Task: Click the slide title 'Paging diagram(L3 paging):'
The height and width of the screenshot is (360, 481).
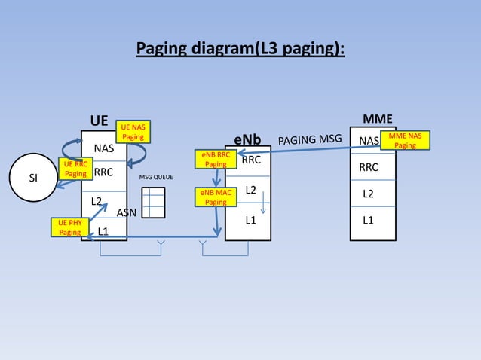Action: (240, 50)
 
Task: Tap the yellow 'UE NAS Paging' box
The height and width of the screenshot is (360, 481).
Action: (133, 133)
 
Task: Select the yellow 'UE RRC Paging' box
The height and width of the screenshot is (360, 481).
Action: (75, 169)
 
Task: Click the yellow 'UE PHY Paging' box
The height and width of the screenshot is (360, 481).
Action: (69, 227)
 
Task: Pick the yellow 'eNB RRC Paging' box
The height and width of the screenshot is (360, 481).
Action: (216, 159)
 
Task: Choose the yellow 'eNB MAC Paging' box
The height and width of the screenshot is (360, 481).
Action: (216, 197)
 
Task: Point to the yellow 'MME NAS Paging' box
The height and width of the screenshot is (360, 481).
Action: (405, 141)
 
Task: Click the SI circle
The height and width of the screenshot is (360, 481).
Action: (32, 178)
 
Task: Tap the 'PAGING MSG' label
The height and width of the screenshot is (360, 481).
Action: (310, 140)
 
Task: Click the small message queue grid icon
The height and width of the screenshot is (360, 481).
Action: (153, 202)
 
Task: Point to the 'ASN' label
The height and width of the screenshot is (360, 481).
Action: (126, 212)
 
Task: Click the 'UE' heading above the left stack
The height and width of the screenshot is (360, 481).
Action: (99, 121)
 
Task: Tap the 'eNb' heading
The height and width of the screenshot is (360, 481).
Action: (247, 141)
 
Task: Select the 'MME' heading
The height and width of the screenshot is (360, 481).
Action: (377, 119)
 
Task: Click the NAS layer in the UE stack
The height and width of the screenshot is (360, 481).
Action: (104, 147)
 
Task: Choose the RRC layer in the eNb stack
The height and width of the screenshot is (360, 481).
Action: (251, 160)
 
